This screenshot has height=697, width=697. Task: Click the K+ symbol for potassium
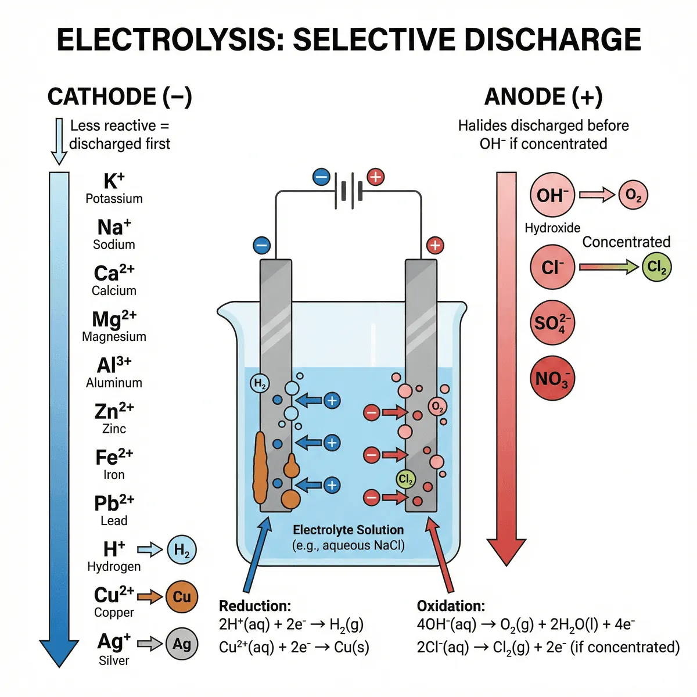click(x=114, y=181)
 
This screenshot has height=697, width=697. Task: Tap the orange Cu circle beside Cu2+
click(x=181, y=597)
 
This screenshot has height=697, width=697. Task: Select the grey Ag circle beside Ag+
click(x=181, y=644)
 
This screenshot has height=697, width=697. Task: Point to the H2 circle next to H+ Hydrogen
click(x=181, y=549)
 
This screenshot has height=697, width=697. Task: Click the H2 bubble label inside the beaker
click(x=260, y=383)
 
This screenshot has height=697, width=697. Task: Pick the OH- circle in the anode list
click(x=552, y=195)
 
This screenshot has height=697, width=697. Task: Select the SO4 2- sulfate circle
click(x=552, y=322)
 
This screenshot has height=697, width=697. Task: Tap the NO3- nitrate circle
click(x=552, y=379)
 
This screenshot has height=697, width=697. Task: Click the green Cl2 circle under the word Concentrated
click(x=656, y=267)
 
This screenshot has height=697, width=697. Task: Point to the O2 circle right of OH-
click(x=633, y=195)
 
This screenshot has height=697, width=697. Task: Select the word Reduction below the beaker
click(x=254, y=606)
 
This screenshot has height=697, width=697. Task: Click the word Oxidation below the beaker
click(x=451, y=606)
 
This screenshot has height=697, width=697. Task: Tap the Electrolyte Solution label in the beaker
click(x=348, y=530)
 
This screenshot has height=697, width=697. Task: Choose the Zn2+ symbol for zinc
click(x=114, y=411)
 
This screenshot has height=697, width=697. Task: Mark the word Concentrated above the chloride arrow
click(x=626, y=242)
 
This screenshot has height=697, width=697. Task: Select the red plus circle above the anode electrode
click(x=435, y=245)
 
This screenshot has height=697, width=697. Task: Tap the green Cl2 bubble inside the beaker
click(x=405, y=479)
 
